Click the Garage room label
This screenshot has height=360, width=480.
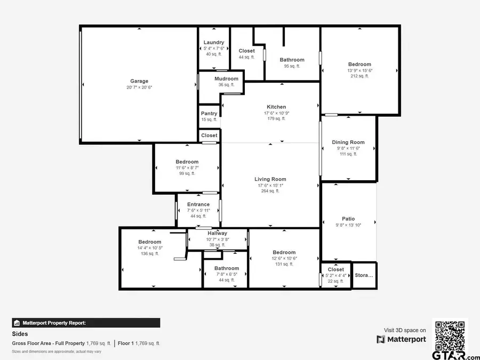[139, 82]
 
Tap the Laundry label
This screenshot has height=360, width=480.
[214, 43]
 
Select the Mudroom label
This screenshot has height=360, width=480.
[226, 79]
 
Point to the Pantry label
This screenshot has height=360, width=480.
[209, 114]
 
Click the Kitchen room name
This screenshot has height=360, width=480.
[276, 107]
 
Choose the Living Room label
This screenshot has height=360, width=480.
[270, 180]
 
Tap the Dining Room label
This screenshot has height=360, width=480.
[348, 142]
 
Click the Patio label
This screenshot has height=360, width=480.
[348, 219]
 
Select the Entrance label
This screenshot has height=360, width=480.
[198, 204]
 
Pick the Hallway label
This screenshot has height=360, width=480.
[218, 233]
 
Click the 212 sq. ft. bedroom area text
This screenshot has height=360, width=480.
[359, 76]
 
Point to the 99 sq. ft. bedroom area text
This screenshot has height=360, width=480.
[187, 173]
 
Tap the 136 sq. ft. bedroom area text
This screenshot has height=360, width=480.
[149, 254]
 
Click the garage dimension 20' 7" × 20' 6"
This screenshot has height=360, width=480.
[139, 87]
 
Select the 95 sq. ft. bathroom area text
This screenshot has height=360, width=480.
[292, 66]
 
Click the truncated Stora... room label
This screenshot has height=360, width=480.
[364, 276]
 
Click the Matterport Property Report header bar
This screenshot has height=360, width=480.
[86, 323]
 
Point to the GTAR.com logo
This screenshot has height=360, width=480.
[450, 355]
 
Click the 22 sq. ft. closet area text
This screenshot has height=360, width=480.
[335, 281]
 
